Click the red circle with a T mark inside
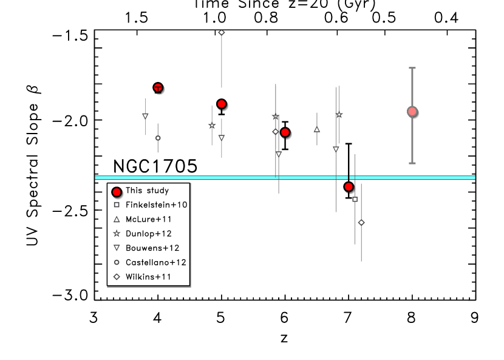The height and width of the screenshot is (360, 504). coord(158,88)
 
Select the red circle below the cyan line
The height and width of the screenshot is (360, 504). coord(349,186)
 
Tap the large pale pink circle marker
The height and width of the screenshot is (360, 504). coord(412,111)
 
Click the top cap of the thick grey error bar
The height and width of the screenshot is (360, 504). coord(412,68)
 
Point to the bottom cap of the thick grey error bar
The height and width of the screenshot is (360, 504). coord(412,163)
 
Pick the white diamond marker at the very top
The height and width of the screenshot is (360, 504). coord(222,32)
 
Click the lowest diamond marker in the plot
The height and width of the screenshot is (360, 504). coord(361,222)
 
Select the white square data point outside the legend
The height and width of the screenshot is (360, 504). coord(355,199)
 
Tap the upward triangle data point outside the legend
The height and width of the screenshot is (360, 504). coord(317,129)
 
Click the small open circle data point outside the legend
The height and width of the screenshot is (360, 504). coord(158,138)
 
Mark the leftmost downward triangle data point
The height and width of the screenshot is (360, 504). coord(145,115)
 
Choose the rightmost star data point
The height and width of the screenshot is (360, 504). coord(339,115)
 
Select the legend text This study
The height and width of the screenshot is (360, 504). coord(147,191)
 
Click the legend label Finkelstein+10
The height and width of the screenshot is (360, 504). coord(156,205)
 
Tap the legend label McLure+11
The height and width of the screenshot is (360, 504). coord(148,219)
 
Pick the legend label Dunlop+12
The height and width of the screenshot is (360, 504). coord(149,234)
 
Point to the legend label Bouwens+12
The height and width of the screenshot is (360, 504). coord(152,248)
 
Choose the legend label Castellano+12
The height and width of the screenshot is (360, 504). coord(155,262)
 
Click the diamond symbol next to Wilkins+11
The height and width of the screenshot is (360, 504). coord(117,277)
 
